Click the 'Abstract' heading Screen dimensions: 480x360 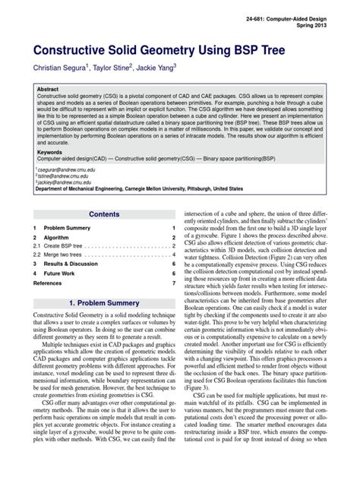pos(49,90)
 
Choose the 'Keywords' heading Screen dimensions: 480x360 pos(50,152)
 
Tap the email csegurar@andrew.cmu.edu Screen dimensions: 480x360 pos(62,171)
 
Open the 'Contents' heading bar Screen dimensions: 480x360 pos(104,215)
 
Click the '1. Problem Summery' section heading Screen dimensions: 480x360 pos(104,303)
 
